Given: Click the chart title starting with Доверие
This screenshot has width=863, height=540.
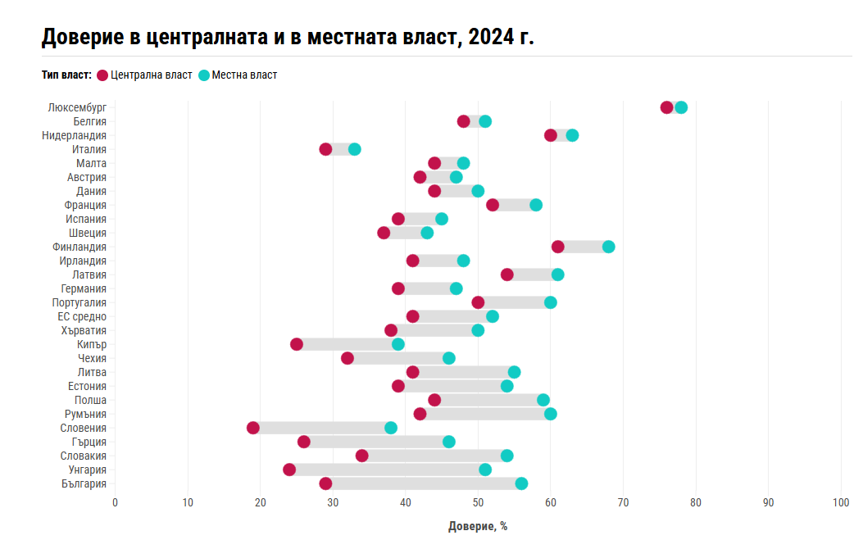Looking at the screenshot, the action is [x=288, y=37].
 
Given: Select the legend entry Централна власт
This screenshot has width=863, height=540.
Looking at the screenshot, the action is [x=145, y=75].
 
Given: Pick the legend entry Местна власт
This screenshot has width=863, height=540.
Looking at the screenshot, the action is [x=238, y=75].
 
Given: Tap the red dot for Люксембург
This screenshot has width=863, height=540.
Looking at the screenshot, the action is [x=666, y=107].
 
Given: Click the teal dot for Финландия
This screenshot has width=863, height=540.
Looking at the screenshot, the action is [x=608, y=247].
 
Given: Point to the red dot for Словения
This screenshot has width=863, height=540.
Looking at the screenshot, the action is [x=253, y=428].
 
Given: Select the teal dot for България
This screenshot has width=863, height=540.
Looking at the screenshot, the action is [x=521, y=483].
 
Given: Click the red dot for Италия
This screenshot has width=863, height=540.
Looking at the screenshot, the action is [x=326, y=149].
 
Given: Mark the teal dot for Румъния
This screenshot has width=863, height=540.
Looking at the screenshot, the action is [x=551, y=414].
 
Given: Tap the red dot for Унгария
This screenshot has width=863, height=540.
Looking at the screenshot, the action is [x=289, y=470].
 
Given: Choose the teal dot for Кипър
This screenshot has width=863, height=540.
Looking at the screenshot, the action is [x=398, y=344].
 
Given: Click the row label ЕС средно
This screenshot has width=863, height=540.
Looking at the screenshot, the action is [x=82, y=316].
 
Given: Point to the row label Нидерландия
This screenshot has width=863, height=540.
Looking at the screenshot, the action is [x=75, y=135].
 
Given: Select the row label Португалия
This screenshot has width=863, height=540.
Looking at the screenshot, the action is [x=79, y=302].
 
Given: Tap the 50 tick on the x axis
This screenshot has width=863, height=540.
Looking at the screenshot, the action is [x=478, y=502].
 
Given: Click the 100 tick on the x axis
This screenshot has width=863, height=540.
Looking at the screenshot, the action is [x=841, y=502].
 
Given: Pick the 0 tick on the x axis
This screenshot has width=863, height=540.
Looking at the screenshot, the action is [x=115, y=502].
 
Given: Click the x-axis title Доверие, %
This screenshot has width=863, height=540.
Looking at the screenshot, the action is [x=478, y=526].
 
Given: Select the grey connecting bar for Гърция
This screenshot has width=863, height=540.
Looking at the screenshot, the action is [x=376, y=442].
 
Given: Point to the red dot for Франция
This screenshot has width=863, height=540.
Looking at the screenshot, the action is [x=493, y=205].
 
